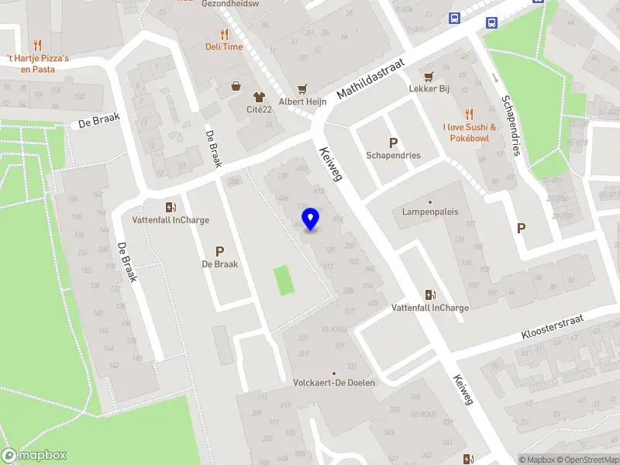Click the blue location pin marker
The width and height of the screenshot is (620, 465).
click(311, 219)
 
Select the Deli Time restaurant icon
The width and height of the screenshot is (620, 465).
click(224, 34)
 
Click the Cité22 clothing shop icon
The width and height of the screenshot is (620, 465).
click(258, 97)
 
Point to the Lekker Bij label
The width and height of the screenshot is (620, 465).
click(429, 88)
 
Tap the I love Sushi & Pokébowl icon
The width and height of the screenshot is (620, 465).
click(468, 114)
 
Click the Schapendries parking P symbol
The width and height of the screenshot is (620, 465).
click(394, 143)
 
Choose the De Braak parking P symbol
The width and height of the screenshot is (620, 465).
click(219, 251)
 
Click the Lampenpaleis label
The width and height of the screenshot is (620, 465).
click(430, 212)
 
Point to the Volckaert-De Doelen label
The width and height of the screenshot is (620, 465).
click(334, 383)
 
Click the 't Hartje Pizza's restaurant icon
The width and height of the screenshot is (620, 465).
click(37, 45)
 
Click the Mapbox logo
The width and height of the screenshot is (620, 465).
click(34, 456)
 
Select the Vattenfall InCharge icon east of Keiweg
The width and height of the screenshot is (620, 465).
click(430, 294)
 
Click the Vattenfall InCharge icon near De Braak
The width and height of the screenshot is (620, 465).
click(170, 207)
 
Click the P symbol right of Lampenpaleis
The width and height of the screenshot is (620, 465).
click(521, 228)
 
